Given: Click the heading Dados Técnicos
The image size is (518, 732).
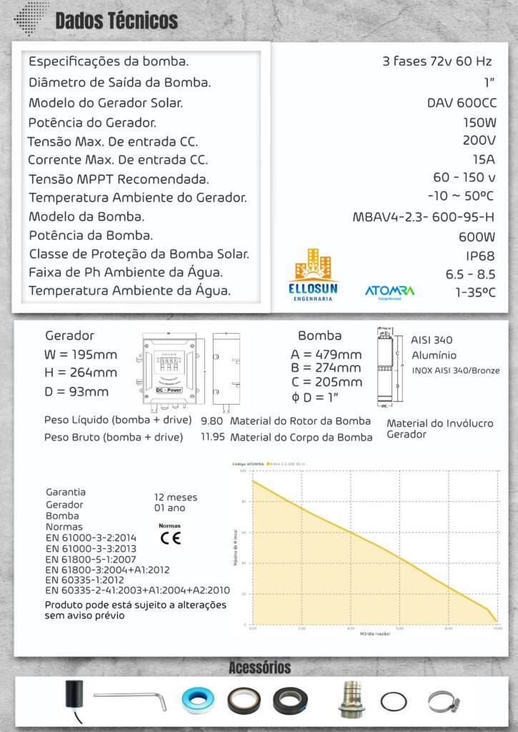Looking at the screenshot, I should click(x=116, y=21).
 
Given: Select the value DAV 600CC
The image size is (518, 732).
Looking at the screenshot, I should click(x=461, y=103).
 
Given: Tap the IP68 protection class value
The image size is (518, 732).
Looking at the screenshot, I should click(x=480, y=256).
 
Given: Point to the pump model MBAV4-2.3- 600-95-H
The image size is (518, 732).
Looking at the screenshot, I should click(x=424, y=217).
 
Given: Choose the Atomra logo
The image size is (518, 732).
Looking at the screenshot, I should click(x=389, y=292).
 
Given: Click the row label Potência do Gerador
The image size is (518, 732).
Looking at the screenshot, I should click(x=92, y=122).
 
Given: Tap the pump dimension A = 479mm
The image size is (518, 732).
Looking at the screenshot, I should click(x=326, y=355).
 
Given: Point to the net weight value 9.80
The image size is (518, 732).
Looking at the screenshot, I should click(x=212, y=421).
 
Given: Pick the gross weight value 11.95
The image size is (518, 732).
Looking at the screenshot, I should click(x=212, y=437).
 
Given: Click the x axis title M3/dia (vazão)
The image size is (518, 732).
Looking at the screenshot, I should click(x=375, y=634).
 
